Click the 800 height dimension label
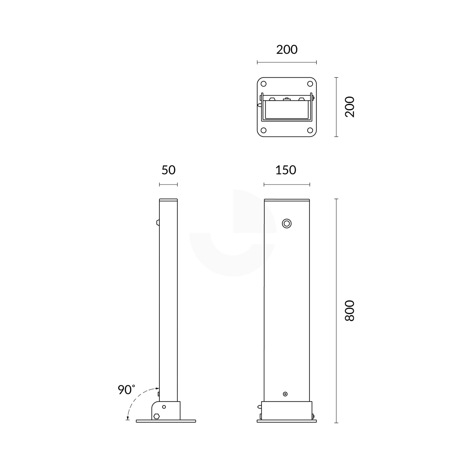click(x=350, y=311)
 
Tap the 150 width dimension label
click(x=286, y=170)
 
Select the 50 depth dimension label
click(x=168, y=170)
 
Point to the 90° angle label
click(x=126, y=389)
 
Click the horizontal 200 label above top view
click(x=287, y=50)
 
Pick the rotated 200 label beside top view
click(x=350, y=107)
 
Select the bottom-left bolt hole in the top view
click(x=264, y=130)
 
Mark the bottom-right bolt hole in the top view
click(x=310, y=130)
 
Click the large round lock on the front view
click(x=287, y=223)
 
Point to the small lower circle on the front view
click(x=285, y=394)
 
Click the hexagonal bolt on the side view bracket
click(x=157, y=416)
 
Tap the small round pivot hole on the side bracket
click(x=164, y=407)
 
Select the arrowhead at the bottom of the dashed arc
click(x=128, y=418)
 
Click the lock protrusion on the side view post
click(x=158, y=222)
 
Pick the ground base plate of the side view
click(x=166, y=421)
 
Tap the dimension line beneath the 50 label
click(x=168, y=185)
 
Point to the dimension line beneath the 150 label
click(x=287, y=185)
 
